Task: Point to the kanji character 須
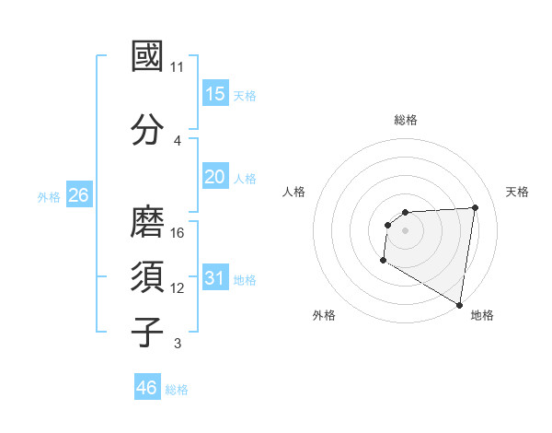point(148,276)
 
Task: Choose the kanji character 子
point(148,332)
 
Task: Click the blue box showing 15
point(215,94)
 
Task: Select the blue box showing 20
point(215,176)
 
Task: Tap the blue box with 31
point(215,278)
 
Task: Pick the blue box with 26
point(78,195)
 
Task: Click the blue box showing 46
point(147,388)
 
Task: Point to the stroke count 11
point(178,67)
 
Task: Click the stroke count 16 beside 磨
point(178,232)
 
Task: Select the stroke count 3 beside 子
point(178,345)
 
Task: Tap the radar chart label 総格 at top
point(406,120)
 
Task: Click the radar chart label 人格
point(294,192)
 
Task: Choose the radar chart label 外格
point(323,315)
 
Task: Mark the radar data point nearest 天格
point(475,207)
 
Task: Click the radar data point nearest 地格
point(459,304)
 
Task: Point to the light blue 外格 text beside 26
point(49,196)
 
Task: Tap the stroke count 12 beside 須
point(178,288)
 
